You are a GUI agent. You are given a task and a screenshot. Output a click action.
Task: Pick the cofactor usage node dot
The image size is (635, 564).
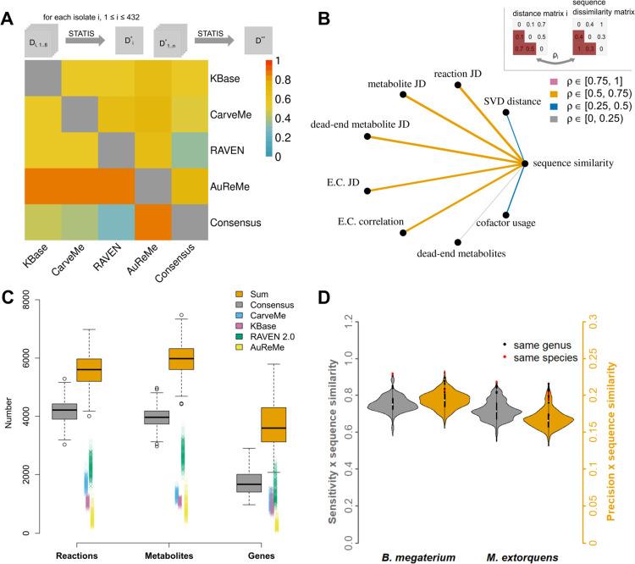[506, 216]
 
